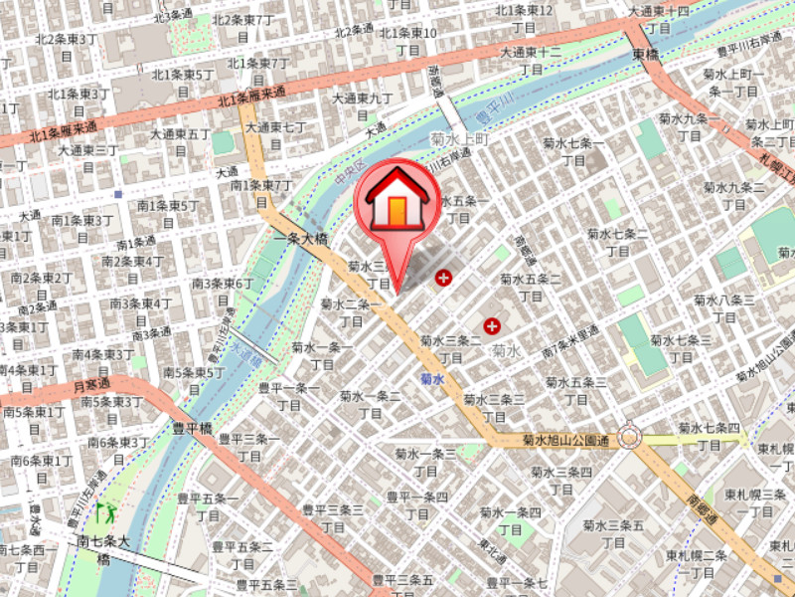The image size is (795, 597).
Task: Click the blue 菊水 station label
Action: coord(431,379)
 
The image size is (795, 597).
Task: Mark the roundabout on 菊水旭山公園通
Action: coord(628,437)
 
